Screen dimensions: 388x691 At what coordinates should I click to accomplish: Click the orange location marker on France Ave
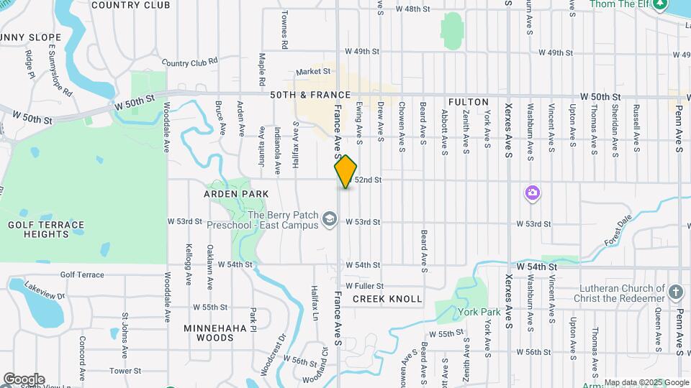tap(346, 171)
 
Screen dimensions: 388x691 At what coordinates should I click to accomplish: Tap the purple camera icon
tap(533, 193)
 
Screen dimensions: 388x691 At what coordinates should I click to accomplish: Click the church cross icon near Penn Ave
tap(674, 292)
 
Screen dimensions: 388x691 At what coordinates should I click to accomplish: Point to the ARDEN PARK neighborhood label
tap(236, 194)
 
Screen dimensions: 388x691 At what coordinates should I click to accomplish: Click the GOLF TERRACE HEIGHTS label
tap(46, 229)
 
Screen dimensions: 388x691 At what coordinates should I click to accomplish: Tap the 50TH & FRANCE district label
tap(310, 95)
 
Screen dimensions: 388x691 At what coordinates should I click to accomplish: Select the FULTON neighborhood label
tap(468, 102)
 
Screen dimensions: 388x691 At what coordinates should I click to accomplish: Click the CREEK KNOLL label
tap(387, 298)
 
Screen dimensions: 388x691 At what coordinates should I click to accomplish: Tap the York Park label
tap(479, 312)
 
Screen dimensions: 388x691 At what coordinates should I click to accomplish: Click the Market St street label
tap(312, 71)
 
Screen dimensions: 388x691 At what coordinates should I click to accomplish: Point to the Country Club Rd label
tap(189, 63)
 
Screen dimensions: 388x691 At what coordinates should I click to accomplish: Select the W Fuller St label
tap(363, 286)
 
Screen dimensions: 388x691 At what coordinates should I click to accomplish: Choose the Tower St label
tap(125, 371)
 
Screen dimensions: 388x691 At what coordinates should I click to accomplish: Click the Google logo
tap(23, 379)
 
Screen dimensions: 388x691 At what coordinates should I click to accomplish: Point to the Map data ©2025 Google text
tap(646, 382)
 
